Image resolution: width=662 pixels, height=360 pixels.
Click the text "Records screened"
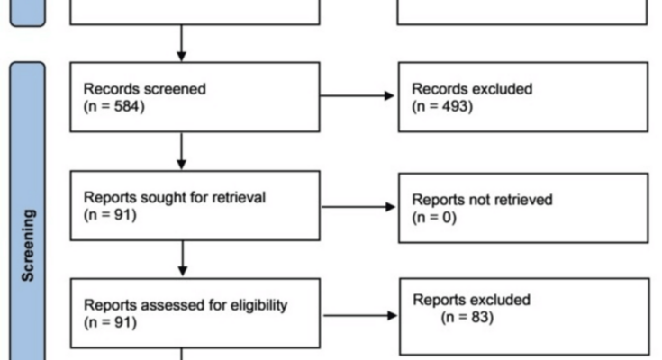click(x=144, y=89)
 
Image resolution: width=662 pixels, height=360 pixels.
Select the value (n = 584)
click(x=114, y=106)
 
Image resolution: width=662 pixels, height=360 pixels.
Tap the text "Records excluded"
click(x=472, y=89)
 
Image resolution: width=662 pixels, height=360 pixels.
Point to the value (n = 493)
click(x=442, y=106)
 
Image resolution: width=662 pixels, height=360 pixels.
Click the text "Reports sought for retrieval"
click(x=175, y=197)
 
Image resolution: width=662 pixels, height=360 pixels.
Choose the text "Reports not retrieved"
click(x=482, y=200)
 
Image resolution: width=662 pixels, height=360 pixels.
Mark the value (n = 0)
click(x=434, y=218)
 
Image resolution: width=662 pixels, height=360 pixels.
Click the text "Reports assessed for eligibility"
click(x=186, y=305)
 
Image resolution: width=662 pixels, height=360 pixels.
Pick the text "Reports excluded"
click(x=472, y=300)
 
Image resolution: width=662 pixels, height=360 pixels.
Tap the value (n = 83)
click(x=467, y=317)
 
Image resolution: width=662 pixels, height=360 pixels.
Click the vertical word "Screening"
click(x=28, y=245)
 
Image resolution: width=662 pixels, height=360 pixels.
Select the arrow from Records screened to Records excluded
click(x=358, y=95)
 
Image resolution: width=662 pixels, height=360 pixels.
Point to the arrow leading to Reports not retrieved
click(x=358, y=207)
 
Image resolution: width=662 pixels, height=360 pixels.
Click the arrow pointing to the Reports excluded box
click(x=360, y=315)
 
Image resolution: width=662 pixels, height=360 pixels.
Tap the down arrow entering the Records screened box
click(x=182, y=43)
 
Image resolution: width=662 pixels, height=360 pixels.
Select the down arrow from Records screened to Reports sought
click(x=182, y=151)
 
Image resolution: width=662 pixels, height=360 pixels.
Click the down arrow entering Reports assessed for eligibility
click(x=183, y=258)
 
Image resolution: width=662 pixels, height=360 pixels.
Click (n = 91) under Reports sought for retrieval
click(x=110, y=215)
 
